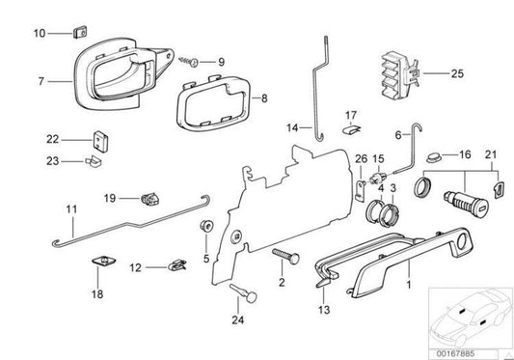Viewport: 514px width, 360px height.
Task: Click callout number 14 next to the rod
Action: point(290,125)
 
